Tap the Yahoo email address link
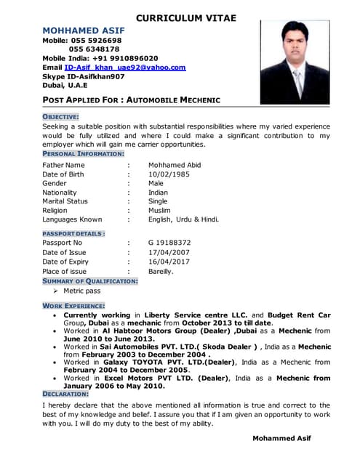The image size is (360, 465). coord(125,67)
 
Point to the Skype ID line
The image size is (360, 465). coord(84,76)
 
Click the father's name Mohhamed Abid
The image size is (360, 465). coord(175,165)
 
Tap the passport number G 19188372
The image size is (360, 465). coord(169,243)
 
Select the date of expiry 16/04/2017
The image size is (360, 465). coord(169,262)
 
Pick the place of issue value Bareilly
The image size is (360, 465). coord(161,271)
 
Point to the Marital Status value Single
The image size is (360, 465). coord(158,201)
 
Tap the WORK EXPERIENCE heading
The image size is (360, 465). coord(73,306)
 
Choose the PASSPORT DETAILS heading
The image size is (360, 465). coord(73,233)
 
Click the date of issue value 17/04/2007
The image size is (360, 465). coord(169,252)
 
